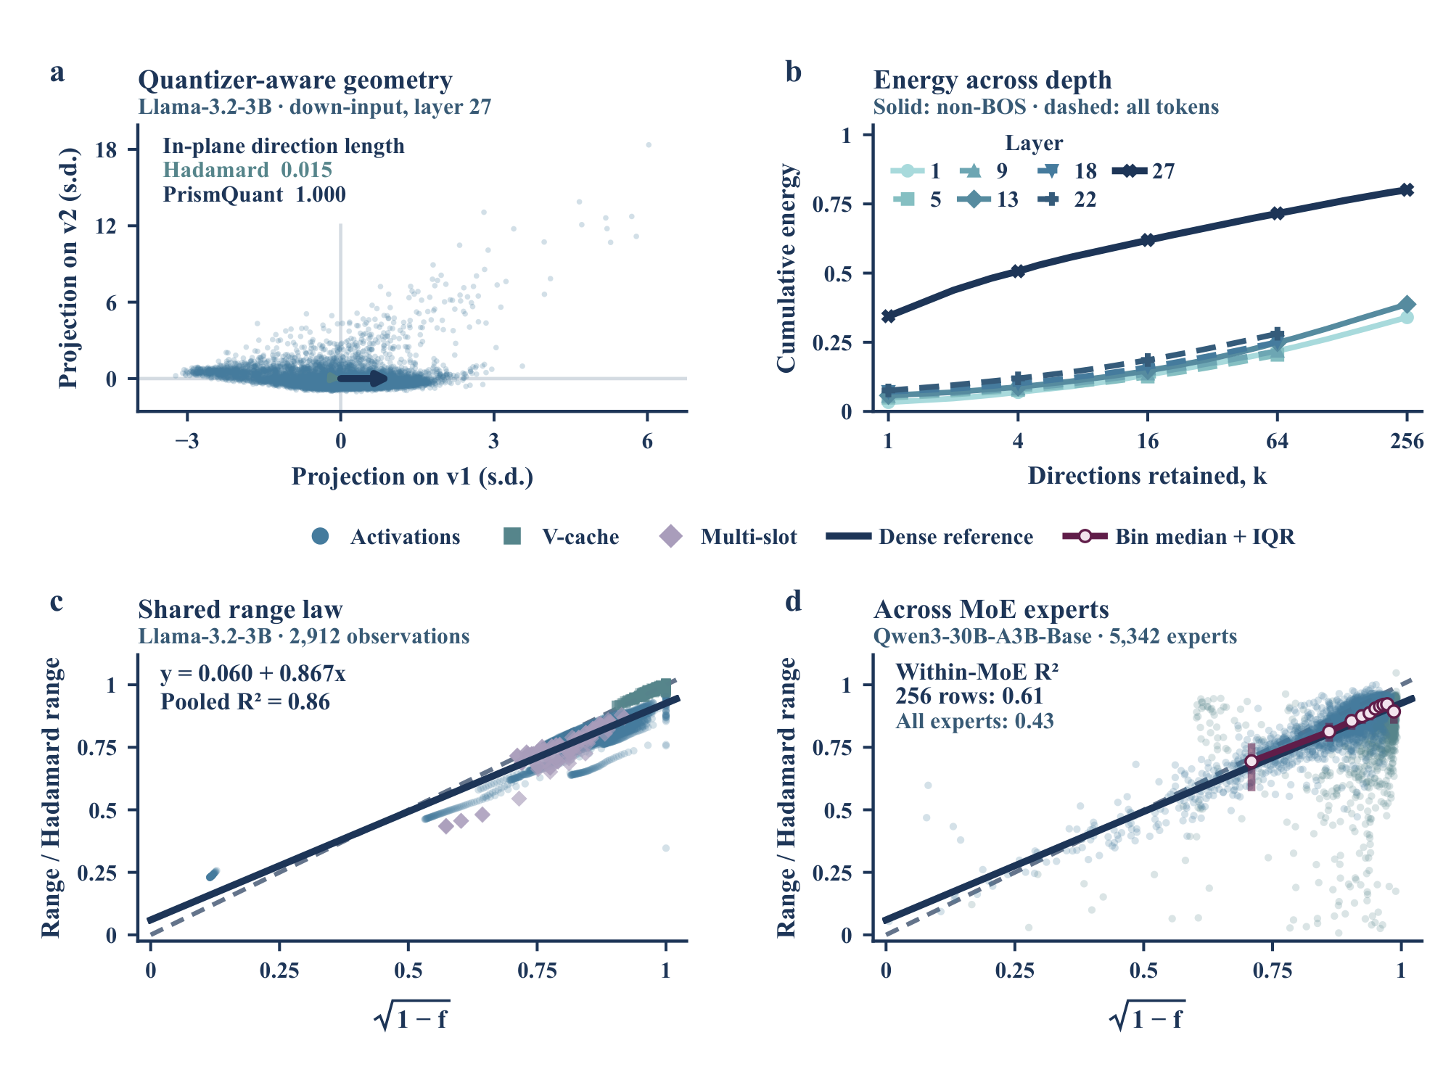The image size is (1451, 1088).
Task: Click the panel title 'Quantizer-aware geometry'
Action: pyautogui.click(x=295, y=80)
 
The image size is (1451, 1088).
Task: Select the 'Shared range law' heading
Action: pyautogui.click(x=240, y=609)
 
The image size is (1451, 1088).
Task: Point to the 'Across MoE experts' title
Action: pyautogui.click(x=991, y=609)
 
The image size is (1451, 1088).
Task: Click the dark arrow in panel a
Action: pyautogui.click(x=363, y=378)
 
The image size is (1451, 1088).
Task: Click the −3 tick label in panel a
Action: pyautogui.click(x=187, y=441)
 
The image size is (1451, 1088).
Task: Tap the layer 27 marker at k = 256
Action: pyautogui.click(x=1407, y=190)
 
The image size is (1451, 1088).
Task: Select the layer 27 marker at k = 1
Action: pyautogui.click(x=889, y=316)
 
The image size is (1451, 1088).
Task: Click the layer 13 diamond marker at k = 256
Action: pyautogui.click(x=1407, y=305)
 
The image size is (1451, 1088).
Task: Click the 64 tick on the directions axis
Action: pyautogui.click(x=1277, y=441)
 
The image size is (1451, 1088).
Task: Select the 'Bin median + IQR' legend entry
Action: pyautogui.click(x=1179, y=537)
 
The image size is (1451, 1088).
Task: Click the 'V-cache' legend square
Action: pyautogui.click(x=512, y=537)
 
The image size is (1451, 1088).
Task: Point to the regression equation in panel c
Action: pyautogui.click(x=253, y=674)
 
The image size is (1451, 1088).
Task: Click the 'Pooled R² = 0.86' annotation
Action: pyautogui.click(x=245, y=702)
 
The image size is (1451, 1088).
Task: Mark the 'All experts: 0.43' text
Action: pyautogui.click(x=974, y=721)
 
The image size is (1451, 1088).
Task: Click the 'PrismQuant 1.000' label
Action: pyautogui.click(x=255, y=194)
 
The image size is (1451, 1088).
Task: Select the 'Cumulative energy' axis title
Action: pyautogui.click(x=787, y=268)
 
